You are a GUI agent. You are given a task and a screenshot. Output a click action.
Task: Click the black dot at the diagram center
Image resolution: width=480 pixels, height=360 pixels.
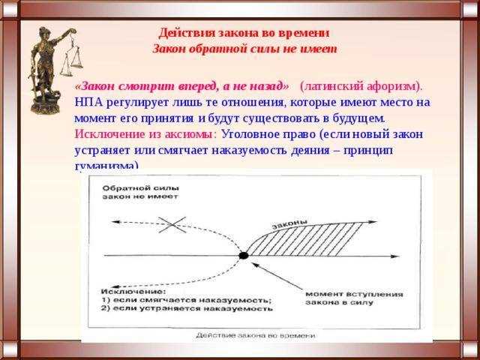[x=244, y=256]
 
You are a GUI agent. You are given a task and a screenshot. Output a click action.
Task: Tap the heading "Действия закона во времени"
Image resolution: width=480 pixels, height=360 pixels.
[x=244, y=33]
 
